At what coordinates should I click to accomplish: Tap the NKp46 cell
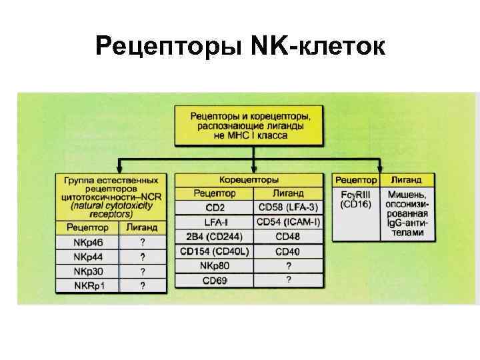87,242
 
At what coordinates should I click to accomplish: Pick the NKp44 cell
87,257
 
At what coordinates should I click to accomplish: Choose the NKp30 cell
87,271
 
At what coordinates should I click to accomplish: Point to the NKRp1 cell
87,285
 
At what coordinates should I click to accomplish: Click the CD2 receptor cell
214,207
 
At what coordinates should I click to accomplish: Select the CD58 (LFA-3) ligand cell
289,207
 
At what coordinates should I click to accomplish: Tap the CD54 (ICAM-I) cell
289,222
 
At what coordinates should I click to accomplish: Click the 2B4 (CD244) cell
214,237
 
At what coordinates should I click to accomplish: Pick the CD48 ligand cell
289,237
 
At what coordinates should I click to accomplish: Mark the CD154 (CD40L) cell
214,251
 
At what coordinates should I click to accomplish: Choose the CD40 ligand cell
289,251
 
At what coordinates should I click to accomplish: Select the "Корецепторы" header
249,180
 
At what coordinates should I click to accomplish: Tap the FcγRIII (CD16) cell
356,199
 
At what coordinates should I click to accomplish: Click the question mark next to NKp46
142,242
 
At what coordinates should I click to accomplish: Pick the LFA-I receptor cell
214,222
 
